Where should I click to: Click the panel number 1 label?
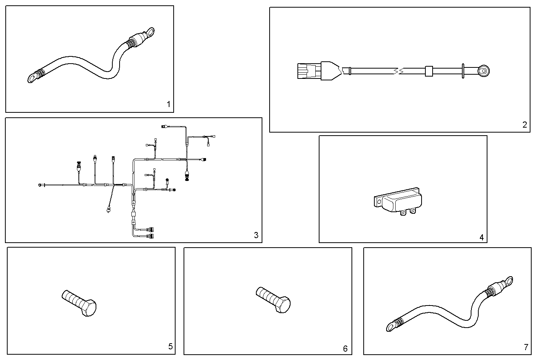pos(169,104)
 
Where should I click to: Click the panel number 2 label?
pos(524,124)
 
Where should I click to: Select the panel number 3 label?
pos(256,235)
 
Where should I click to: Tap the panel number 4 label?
pos(481,237)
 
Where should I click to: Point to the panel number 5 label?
pos(170,346)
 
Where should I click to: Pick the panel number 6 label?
pos(345,348)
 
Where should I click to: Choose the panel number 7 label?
pos(526,347)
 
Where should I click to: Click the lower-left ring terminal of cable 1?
pos(32,78)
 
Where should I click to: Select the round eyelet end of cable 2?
pos(484,71)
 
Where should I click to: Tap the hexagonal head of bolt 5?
pos(88,307)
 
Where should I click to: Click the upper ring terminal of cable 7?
pos(508,282)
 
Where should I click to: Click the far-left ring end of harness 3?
pos(40,185)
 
